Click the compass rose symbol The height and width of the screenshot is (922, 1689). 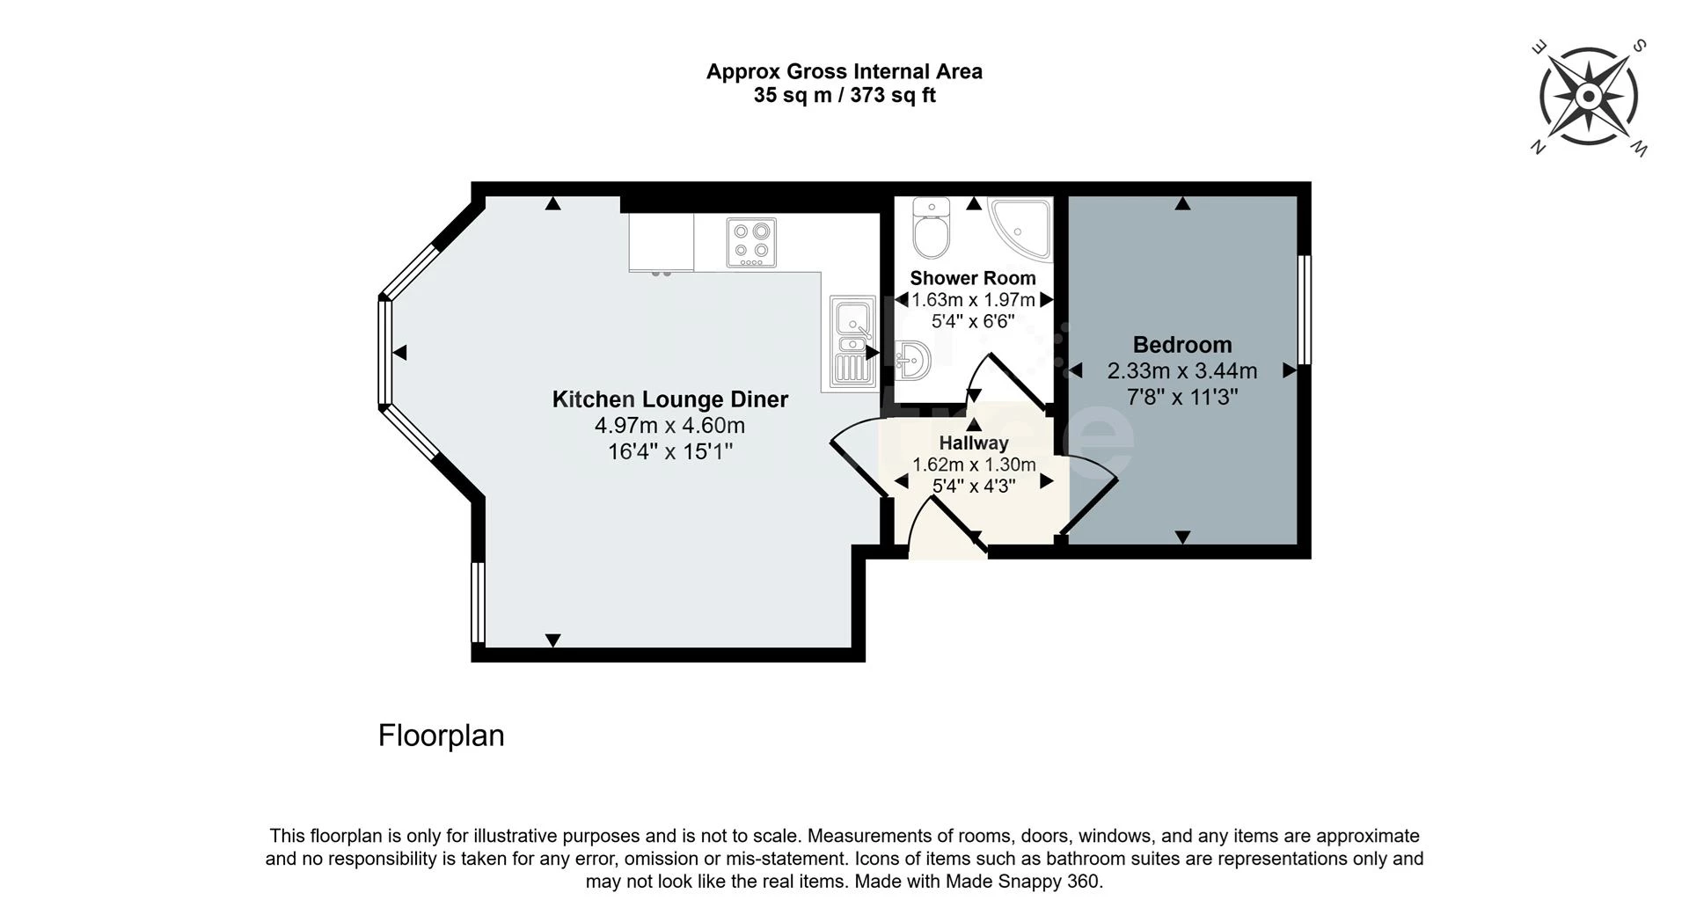(1589, 97)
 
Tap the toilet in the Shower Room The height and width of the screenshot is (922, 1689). (930, 226)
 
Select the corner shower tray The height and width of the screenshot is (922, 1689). (1020, 229)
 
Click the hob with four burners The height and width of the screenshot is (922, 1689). (752, 243)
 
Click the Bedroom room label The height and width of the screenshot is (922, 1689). (1182, 345)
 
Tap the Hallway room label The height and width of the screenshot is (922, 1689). (974, 443)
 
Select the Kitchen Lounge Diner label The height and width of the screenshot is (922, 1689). (670, 399)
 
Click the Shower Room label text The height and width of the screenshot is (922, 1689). (973, 278)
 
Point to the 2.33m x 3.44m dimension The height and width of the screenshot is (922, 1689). (1182, 371)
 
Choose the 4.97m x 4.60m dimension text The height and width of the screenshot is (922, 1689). (670, 426)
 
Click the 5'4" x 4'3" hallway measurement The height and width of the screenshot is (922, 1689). (974, 486)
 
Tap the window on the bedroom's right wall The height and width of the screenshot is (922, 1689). (1305, 310)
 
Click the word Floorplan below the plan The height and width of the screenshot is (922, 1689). (442, 735)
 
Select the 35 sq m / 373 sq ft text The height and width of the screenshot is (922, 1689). (844, 95)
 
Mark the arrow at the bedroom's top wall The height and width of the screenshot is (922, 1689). (1182, 203)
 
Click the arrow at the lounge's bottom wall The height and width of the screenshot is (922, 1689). (552, 640)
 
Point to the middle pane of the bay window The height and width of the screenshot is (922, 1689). (384, 353)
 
